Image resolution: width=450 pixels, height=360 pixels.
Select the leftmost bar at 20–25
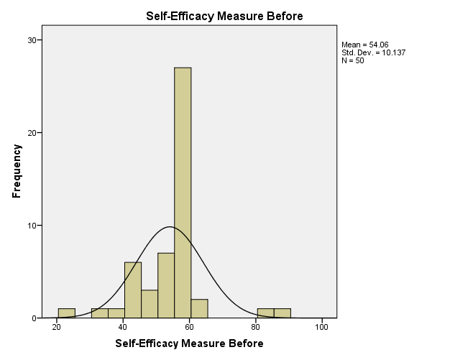point(66,313)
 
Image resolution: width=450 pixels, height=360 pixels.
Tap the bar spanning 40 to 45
point(133,290)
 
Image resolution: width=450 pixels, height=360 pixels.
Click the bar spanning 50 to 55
point(166,285)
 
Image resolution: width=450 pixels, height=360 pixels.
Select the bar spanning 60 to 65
point(199,309)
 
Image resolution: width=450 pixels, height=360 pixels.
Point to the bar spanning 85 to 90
point(283,313)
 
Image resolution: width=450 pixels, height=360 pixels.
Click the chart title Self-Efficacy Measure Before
point(224,16)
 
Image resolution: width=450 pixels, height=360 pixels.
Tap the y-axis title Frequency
point(17,171)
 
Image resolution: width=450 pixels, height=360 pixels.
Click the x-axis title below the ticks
point(190,343)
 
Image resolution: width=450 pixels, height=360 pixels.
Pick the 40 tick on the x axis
point(123,327)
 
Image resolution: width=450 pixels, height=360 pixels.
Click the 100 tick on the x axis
point(321,327)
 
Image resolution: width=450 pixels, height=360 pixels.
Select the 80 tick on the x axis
point(256,327)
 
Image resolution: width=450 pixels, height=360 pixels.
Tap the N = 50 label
point(352,60)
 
